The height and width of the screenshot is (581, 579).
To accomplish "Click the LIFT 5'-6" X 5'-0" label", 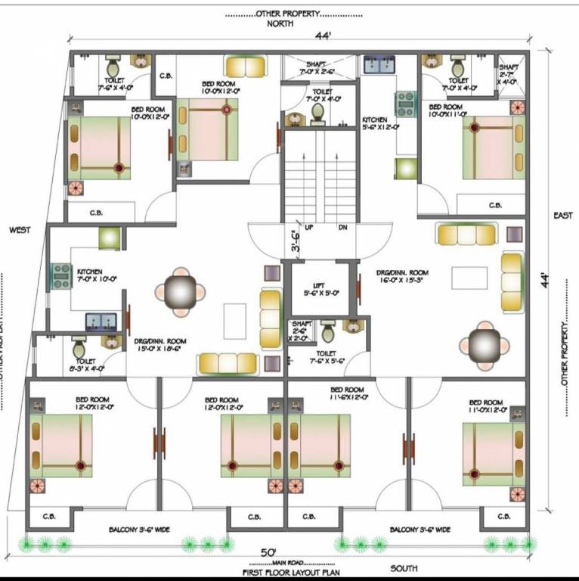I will point(320,288).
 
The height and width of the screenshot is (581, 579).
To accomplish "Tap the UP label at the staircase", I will point(309,227).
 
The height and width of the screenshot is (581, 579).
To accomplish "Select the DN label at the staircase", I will point(342,227).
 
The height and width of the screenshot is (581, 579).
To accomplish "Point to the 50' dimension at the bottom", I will point(269,552).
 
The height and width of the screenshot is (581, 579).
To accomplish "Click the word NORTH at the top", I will point(280,23).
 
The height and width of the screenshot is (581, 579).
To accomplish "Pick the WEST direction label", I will point(20,229).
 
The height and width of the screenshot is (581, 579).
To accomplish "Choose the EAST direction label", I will point(562,216).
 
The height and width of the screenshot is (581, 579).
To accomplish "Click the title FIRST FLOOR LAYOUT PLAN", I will point(290,573).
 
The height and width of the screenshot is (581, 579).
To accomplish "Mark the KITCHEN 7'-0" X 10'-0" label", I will point(95,275).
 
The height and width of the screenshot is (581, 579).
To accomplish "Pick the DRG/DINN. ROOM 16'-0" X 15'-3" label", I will point(403,275).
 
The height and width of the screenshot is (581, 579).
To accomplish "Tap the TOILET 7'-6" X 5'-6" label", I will point(326,357).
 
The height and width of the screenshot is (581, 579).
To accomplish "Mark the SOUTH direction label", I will point(404,567).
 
